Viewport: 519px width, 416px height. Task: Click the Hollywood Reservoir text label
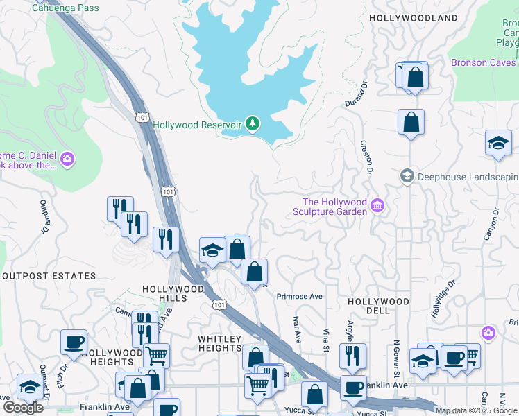coord(197,125)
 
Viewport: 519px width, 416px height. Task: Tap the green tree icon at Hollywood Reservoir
coord(253,124)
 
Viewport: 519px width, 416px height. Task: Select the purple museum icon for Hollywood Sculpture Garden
coord(377,205)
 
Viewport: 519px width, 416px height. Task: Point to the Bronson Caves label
coord(484,62)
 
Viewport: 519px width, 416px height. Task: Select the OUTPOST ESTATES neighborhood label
coord(49,276)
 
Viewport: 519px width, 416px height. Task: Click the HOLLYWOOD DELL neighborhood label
coord(378,307)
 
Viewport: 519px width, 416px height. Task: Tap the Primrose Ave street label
coord(300,296)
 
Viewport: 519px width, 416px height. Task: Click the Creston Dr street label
coord(366,157)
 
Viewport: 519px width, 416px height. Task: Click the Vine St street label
coord(325,340)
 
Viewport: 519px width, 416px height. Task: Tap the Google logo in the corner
coord(24,408)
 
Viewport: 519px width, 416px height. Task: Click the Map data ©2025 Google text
coord(476,410)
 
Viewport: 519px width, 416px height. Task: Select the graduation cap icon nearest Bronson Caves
coord(498,142)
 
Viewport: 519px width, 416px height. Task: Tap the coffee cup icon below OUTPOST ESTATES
coord(74,341)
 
